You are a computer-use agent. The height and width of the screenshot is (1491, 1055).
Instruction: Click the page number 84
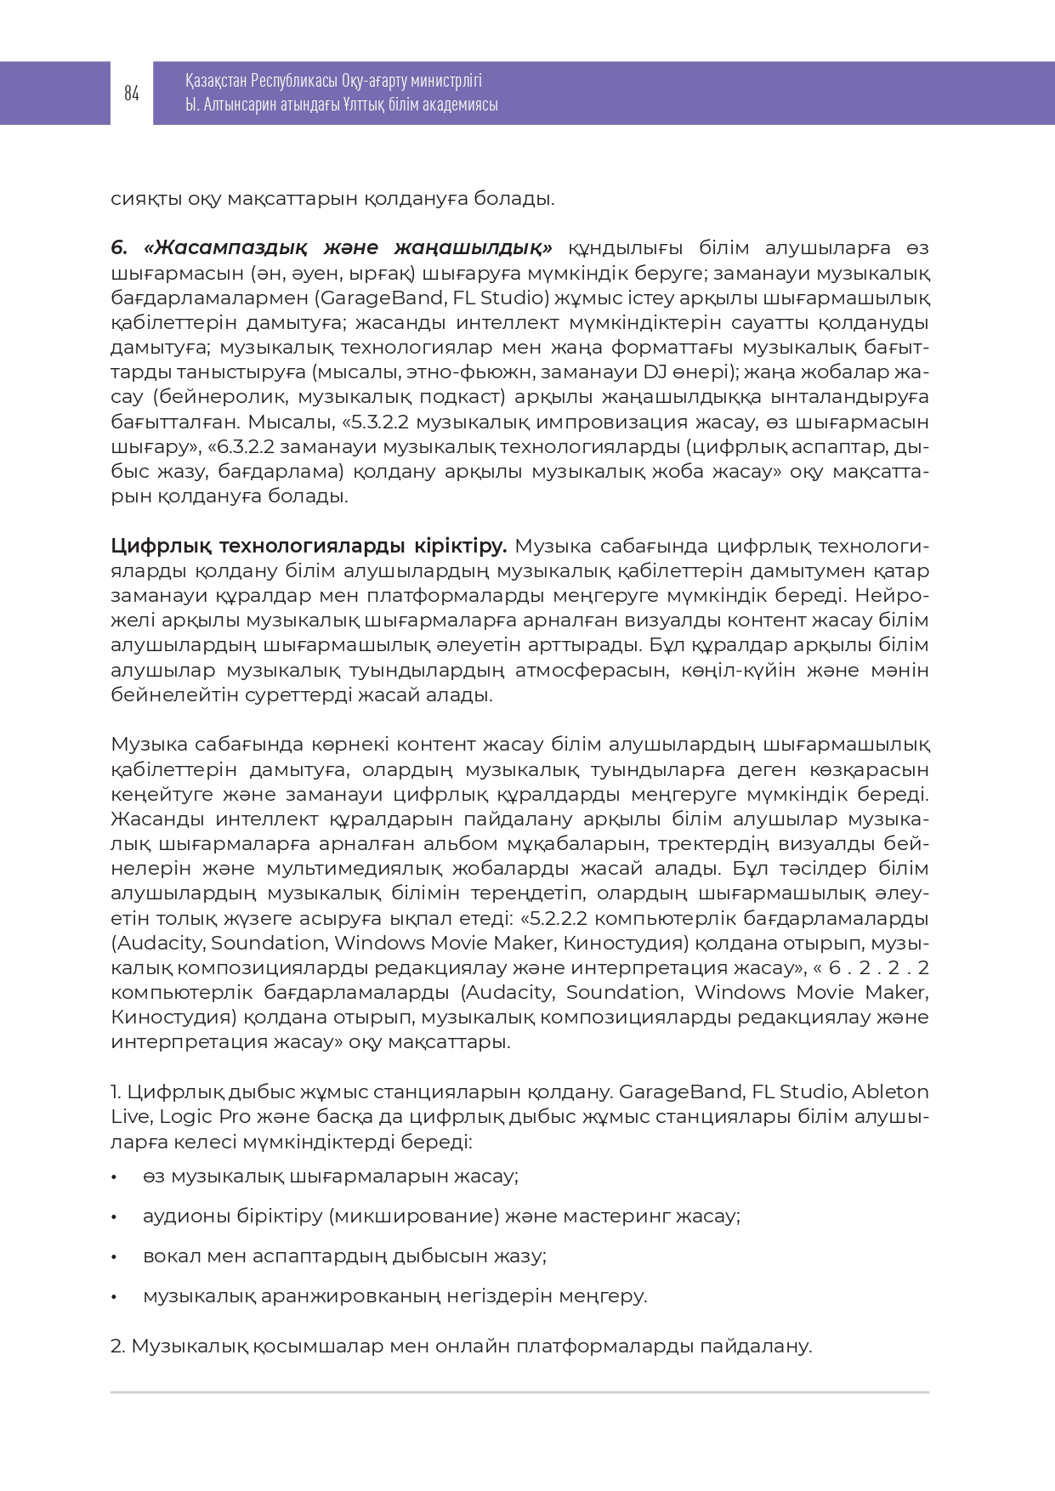(x=131, y=94)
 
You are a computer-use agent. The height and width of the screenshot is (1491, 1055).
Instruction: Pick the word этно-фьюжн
(x=464, y=372)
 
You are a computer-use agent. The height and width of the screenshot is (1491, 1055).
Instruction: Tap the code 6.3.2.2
(x=247, y=446)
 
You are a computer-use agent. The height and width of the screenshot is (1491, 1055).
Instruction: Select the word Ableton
(x=890, y=1091)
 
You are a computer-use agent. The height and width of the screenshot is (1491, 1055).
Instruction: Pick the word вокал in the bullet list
(x=169, y=1256)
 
